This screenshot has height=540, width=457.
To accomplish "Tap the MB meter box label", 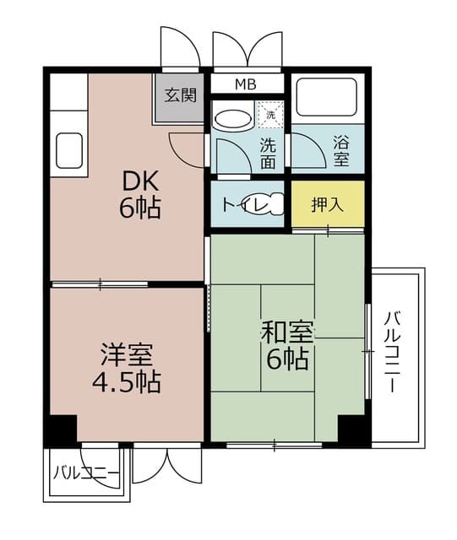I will coord(246,85).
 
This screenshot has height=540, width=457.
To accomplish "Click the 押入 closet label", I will coord(327,204).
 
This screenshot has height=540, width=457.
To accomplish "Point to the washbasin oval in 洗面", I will coord(232,118).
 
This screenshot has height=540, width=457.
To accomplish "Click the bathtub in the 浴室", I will coord(327,99).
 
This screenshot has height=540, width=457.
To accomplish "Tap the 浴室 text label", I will coord(342,149).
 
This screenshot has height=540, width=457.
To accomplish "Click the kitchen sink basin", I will coord(68,151).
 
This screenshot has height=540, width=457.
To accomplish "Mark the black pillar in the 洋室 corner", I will coord(61,429).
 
